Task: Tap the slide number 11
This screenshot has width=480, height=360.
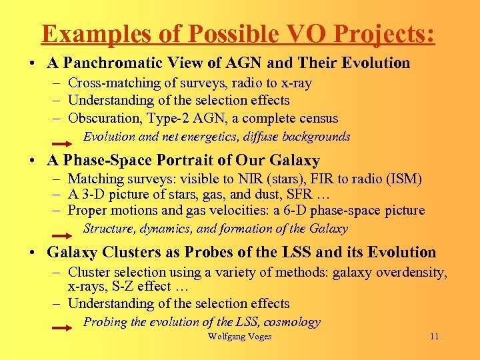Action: point(434,337)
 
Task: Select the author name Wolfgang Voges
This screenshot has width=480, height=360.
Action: point(239,337)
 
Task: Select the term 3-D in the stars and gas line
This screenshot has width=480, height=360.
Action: point(90,195)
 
